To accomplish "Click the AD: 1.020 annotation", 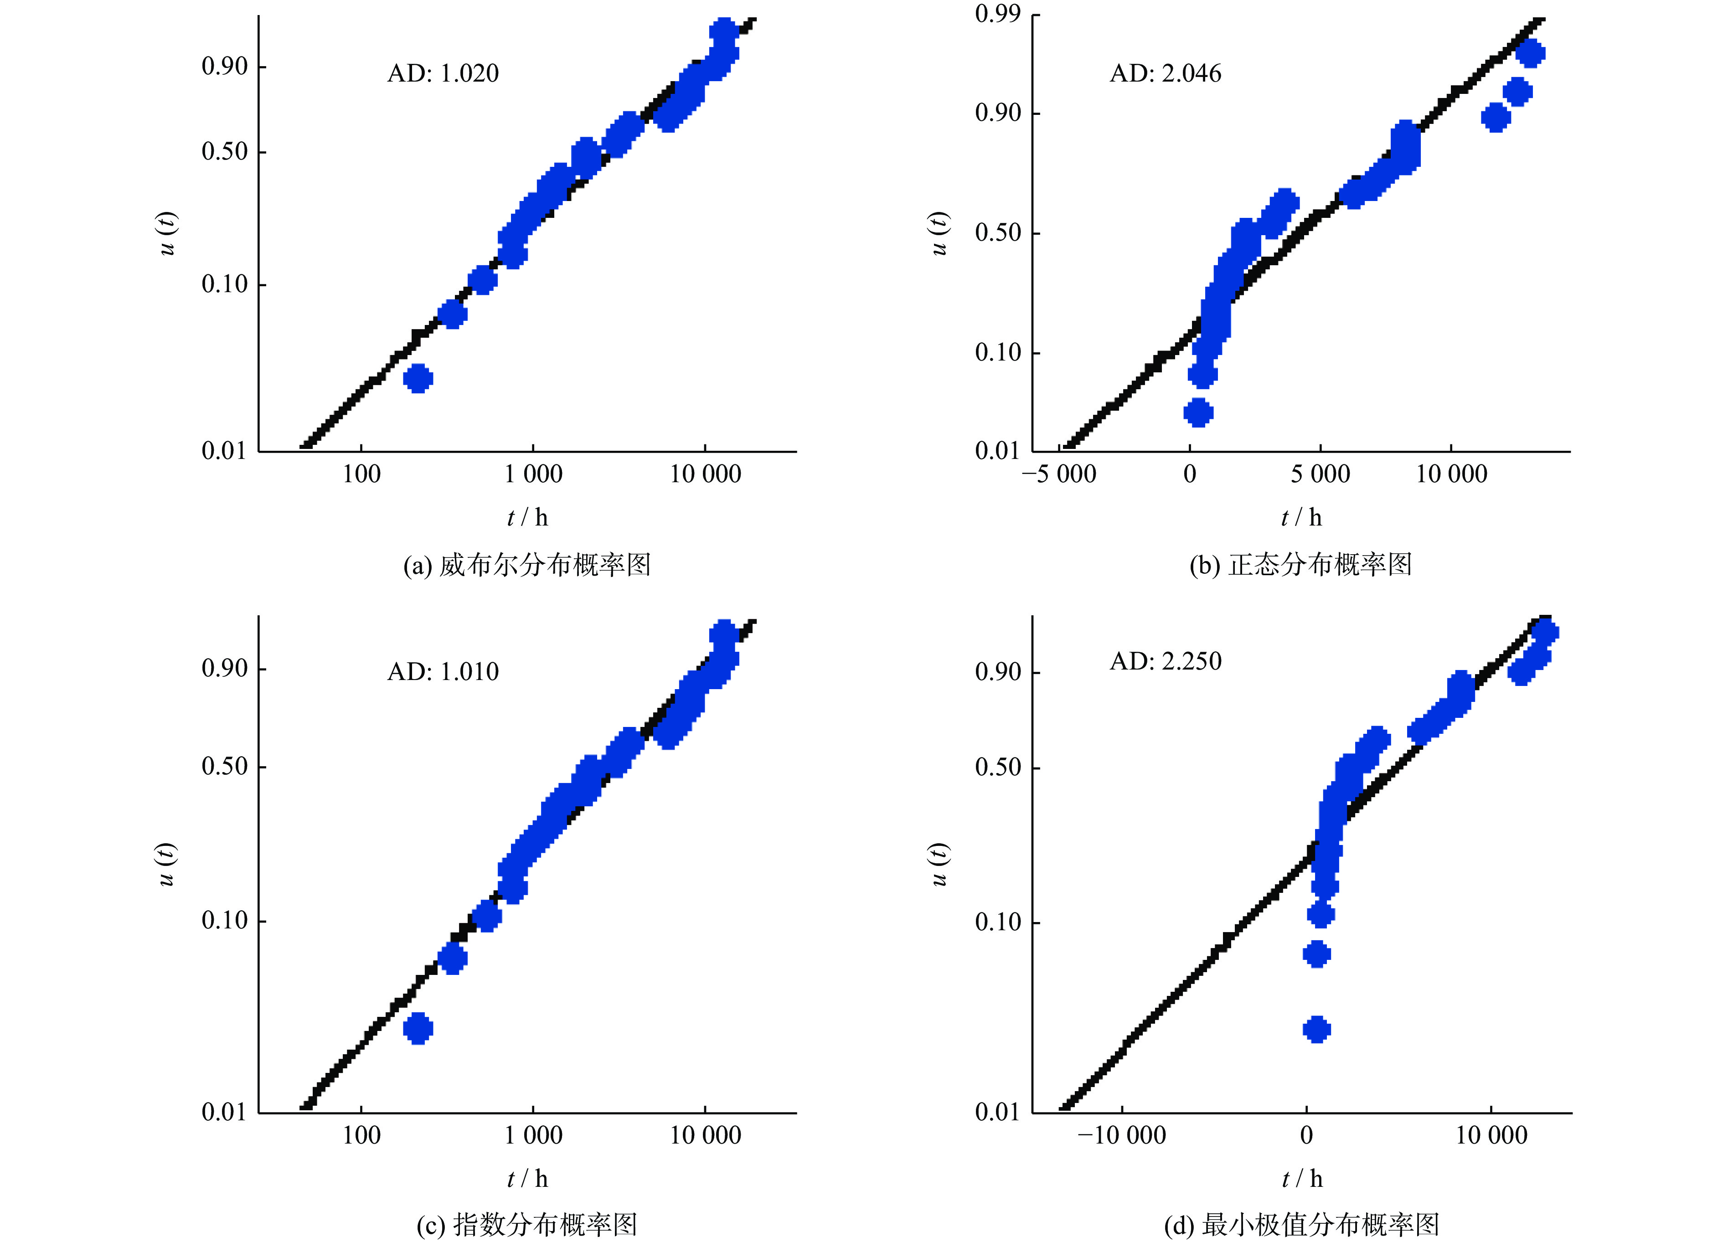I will point(443,73).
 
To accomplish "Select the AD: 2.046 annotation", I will point(1166,73).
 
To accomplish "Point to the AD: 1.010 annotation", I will point(443,671).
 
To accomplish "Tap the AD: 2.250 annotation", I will point(1166,661).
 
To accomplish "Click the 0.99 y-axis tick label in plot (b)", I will point(997,14).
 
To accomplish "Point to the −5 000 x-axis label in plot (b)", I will point(1059,474).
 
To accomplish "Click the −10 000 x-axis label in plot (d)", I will point(1121,1135).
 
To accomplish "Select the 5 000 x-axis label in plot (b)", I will point(1321,474).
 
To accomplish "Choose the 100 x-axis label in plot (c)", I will point(361,1135).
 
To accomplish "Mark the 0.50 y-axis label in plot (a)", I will point(225,151).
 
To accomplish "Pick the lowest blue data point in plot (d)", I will point(1316,1029).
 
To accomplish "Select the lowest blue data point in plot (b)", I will point(1198,412).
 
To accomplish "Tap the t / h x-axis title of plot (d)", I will point(1301,1178).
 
